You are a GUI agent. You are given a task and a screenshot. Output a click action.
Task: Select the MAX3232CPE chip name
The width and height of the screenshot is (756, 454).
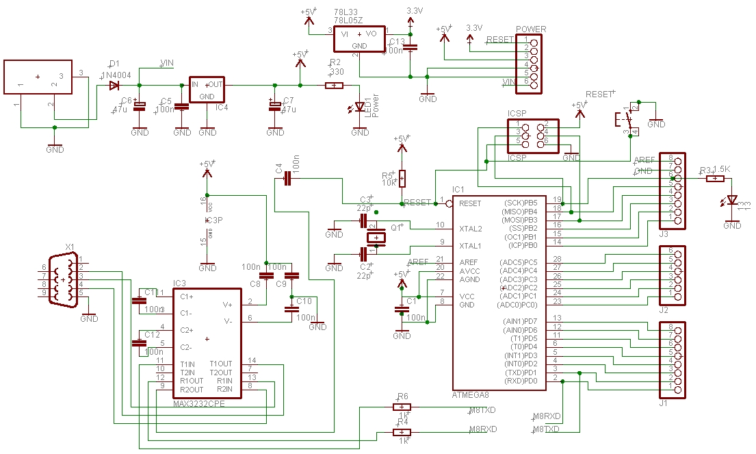tap(198, 403)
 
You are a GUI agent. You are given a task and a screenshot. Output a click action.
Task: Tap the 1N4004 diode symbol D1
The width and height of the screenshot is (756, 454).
tap(114, 86)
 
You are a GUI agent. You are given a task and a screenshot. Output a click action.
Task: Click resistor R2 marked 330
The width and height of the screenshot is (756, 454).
tap(334, 86)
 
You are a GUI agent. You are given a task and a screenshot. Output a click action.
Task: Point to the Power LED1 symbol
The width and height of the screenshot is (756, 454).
tap(359, 107)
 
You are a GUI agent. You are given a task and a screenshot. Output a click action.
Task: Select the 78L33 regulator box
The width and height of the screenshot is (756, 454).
tap(359, 39)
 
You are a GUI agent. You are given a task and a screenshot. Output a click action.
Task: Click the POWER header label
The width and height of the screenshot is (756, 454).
tap(530, 29)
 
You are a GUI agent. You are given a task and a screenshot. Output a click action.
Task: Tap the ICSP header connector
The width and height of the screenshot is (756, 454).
tap(533, 135)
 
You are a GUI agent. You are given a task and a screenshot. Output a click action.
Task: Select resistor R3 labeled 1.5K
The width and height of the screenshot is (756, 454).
tap(715, 179)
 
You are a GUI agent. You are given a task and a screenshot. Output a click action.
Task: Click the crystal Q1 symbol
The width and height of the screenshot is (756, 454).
tap(376, 238)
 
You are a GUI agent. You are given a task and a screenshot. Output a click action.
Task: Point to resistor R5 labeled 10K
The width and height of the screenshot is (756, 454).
tap(402, 178)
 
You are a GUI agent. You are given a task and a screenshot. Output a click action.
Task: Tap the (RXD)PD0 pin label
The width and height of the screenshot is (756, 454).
tap(521, 381)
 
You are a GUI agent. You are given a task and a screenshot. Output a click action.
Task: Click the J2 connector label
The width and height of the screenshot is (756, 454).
tap(663, 310)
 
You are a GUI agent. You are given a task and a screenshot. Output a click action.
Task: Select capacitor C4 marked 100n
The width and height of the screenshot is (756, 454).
tap(287, 178)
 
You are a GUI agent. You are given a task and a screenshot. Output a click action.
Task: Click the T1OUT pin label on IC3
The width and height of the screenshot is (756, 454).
tap(221, 364)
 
